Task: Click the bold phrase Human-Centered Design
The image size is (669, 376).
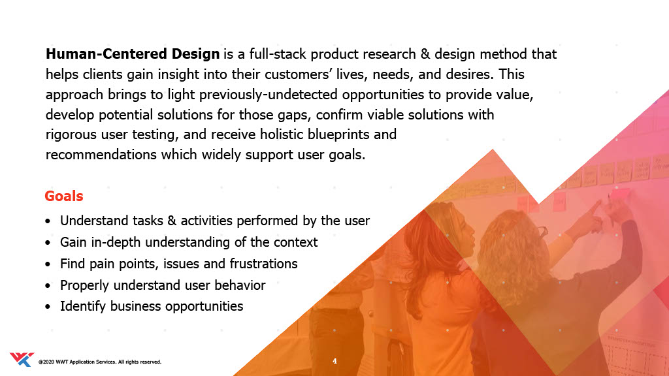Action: [133, 54]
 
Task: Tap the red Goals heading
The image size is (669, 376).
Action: [64, 196]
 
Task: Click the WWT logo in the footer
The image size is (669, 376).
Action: [22, 360]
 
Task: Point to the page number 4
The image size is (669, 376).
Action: [334, 361]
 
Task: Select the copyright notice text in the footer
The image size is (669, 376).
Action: [100, 362]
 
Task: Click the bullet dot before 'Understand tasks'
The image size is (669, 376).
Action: [48, 221]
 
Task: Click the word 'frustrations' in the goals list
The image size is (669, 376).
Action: [264, 264]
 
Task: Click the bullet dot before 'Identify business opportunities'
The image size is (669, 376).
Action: [48, 307]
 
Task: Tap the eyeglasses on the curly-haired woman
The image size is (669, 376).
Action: [542, 232]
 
